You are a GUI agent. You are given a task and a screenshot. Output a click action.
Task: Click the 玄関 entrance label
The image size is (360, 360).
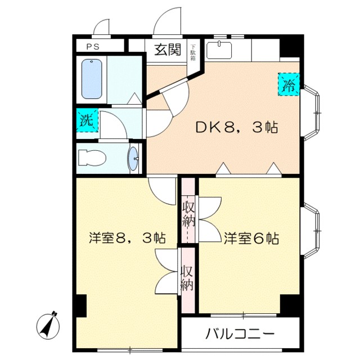[x=167, y=51]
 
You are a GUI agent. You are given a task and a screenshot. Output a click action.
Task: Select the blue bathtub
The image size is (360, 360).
[x=93, y=78]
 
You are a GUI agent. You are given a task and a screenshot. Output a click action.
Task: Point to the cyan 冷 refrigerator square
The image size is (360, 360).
[x=289, y=85]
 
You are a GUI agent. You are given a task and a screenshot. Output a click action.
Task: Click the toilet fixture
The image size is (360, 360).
[x=92, y=158]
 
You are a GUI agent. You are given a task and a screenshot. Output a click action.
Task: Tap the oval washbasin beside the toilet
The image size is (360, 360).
[x=134, y=158]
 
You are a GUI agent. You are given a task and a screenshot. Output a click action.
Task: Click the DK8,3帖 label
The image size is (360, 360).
[x=236, y=128]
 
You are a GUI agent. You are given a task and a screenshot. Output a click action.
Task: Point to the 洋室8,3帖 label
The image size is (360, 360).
[x=127, y=238]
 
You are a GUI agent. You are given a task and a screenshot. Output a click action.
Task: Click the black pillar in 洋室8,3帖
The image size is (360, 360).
[x=80, y=307]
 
